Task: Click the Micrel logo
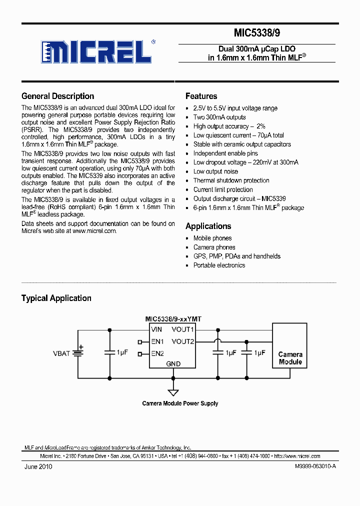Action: pyautogui.click(x=96, y=51)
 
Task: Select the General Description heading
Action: pyautogui.click(x=57, y=96)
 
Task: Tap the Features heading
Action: pyautogui.click(x=201, y=96)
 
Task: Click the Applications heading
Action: pyautogui.click(x=208, y=226)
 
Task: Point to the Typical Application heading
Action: pyautogui.click(x=56, y=298)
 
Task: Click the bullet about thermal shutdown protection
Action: pyautogui.click(x=231, y=180)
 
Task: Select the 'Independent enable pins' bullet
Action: pyautogui.click(x=225, y=153)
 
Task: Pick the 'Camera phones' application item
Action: pyautogui.click(x=214, y=247)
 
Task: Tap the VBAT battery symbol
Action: pyautogui.click(x=77, y=353)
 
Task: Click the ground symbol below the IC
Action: pyautogui.click(x=173, y=392)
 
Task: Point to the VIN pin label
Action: pyautogui.click(x=157, y=329)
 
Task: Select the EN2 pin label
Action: pyautogui.click(x=158, y=353)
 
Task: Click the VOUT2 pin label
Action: pyautogui.click(x=182, y=341)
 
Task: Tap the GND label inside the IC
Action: pyautogui.click(x=173, y=364)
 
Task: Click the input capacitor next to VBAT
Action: pyautogui.click(x=109, y=352)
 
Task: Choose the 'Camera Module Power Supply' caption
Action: pyautogui.click(x=180, y=403)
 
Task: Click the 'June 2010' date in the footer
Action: pyautogui.click(x=38, y=466)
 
